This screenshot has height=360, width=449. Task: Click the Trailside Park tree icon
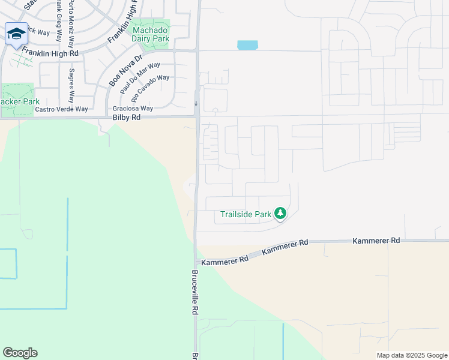[280, 213]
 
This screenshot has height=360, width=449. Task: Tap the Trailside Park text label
[247, 214]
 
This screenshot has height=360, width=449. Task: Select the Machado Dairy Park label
[151, 34]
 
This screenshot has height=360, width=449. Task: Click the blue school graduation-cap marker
[16, 34]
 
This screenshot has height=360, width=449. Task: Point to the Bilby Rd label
[126, 118]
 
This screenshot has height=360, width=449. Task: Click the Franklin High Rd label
[50, 53]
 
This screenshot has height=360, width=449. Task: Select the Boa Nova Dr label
[125, 70]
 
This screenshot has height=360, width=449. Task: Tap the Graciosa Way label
[133, 109]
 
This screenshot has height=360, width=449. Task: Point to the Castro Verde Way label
[61, 109]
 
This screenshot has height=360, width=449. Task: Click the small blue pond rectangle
[247, 45]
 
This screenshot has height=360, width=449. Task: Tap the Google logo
[20, 353]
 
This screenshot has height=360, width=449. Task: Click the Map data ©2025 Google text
[411, 355]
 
